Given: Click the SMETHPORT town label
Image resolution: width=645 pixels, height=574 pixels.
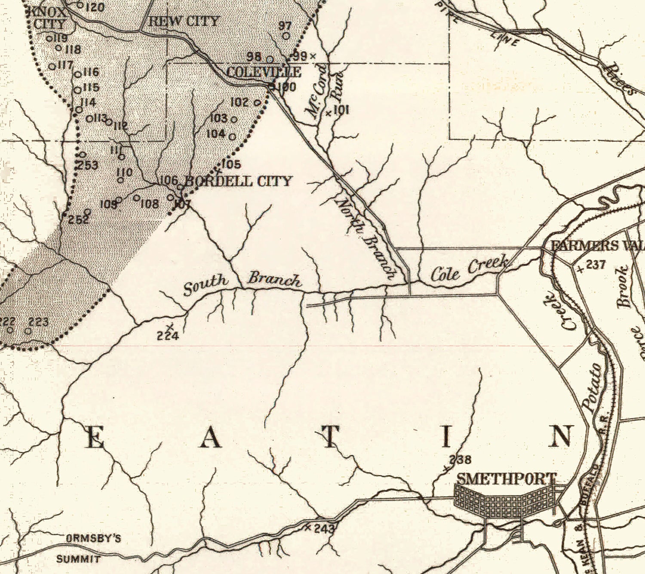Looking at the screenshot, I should click(x=506, y=479).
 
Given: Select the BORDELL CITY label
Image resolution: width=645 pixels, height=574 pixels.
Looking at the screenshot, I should click(x=238, y=181).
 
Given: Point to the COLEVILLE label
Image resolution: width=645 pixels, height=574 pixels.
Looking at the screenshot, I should click(x=263, y=72).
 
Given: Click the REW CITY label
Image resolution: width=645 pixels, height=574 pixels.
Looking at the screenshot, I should click(x=184, y=21).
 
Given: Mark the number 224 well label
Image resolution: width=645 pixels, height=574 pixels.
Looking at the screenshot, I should click(x=168, y=335).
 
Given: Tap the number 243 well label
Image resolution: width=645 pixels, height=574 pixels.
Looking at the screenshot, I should click(x=324, y=528).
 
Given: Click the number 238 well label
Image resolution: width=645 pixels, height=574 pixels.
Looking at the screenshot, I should click(x=461, y=460).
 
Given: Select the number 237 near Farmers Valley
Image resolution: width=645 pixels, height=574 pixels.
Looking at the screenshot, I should click(x=596, y=265).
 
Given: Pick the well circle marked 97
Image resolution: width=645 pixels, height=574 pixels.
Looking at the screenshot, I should click(x=286, y=36).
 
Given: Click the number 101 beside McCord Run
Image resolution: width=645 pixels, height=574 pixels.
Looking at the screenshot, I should click(x=341, y=110).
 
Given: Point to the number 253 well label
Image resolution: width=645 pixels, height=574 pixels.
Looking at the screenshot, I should click(x=88, y=165).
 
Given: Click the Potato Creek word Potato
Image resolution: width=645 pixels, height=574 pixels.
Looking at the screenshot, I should click(x=592, y=388).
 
